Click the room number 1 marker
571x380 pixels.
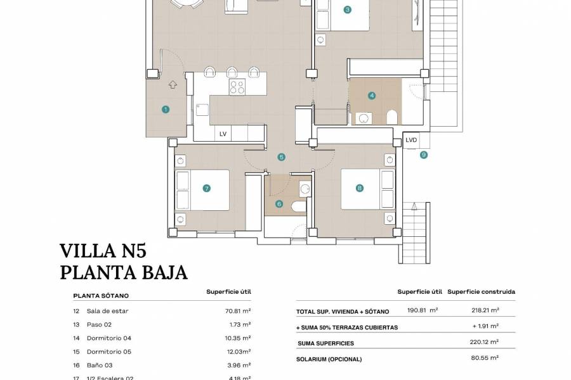pyautogui.click(x=166, y=109)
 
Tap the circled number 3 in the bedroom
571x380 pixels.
pyautogui.click(x=347, y=9)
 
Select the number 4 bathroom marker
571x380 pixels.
pyautogui.click(x=372, y=96)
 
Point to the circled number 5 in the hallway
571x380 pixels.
pyautogui.click(x=281, y=157)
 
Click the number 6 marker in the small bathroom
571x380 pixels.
pyautogui.click(x=279, y=203)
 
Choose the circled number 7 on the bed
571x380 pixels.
pyautogui.click(x=206, y=188)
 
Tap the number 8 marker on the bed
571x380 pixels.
pyautogui.click(x=360, y=188)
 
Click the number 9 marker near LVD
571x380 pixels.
pyautogui.click(x=424, y=155)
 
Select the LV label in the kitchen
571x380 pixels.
pyautogui.click(x=223, y=134)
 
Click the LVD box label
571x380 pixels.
pyautogui.click(x=411, y=140)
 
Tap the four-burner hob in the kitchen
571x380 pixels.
pyautogui.click(x=237, y=86)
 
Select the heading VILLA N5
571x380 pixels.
pyautogui.click(x=106, y=250)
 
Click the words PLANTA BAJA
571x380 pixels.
pyautogui.click(x=124, y=272)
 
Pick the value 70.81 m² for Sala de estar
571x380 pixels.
pyautogui.click(x=239, y=311)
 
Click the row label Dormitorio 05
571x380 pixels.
pyautogui.click(x=109, y=351)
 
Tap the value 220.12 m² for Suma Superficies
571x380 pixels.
pyautogui.click(x=485, y=343)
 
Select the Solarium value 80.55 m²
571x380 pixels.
pyautogui.click(x=486, y=358)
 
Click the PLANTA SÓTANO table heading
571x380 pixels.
pyautogui.click(x=101, y=296)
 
